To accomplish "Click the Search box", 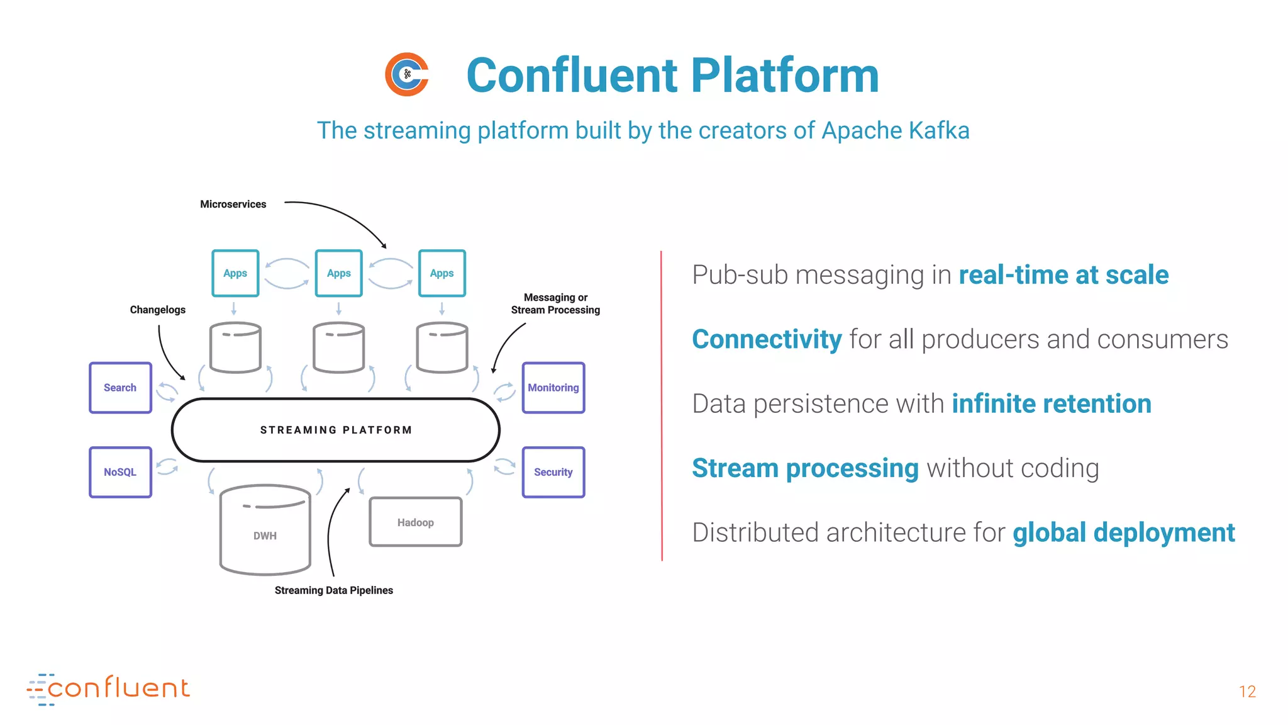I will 120,388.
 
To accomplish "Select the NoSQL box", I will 120,472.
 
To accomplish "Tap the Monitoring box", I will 553,388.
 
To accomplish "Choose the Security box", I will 553,472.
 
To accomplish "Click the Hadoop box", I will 415,522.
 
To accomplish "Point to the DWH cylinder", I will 265,532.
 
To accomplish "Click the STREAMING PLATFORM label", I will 336,430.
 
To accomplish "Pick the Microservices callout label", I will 233,204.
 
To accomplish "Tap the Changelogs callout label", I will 157,310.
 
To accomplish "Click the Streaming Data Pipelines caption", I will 333,590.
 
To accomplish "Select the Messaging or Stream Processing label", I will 555,303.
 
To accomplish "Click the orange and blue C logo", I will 407,74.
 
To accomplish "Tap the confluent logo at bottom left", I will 108,688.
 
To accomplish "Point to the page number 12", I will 1247,692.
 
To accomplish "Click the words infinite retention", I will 1051,403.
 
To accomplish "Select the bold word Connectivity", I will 766,339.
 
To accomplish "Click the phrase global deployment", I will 1123,532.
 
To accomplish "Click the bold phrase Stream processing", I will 805,468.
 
